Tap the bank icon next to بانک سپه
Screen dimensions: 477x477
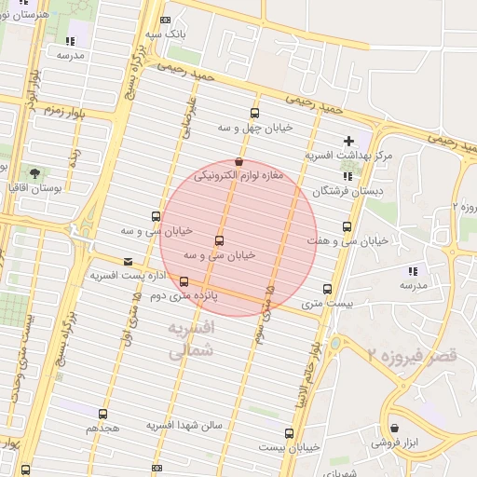coord(166,20)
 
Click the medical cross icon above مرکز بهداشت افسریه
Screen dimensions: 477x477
coord(348,142)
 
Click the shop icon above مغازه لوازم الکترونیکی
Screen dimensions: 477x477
coord(239,162)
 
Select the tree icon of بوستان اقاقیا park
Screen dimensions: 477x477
coord(34,173)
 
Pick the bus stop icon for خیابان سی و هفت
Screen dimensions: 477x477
coord(348,226)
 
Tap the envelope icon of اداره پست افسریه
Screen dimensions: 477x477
coord(128,262)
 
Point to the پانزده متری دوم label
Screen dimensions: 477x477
coord(211,294)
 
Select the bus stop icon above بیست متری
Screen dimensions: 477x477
coord(326,290)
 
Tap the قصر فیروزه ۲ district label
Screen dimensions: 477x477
coord(412,355)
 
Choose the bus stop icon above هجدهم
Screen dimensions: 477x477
coord(102,414)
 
